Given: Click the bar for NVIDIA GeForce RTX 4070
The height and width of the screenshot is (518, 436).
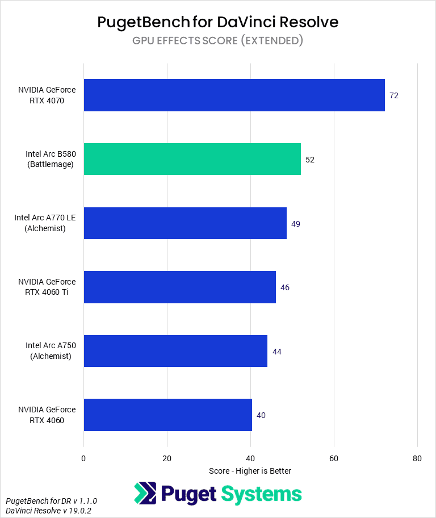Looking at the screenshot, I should (234, 95).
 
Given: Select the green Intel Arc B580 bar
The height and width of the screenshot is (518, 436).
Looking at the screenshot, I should (192, 159).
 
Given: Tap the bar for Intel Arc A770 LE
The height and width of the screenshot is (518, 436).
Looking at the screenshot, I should (185, 223).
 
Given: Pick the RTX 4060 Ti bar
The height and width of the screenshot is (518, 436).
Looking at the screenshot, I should (179, 287).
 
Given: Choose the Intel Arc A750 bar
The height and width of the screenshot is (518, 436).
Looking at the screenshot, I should (175, 351).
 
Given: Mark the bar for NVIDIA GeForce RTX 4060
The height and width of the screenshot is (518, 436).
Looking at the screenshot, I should (167, 415).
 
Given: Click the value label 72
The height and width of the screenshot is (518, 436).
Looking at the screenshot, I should (394, 95).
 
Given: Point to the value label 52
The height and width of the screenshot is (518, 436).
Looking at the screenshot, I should (310, 160).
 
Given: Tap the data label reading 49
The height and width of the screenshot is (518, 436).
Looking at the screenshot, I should (296, 224).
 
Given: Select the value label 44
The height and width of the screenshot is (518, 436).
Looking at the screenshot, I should (277, 352).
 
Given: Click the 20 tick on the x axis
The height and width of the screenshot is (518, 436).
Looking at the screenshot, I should (167, 458).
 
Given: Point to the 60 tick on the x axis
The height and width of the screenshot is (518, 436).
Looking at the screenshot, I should (334, 458).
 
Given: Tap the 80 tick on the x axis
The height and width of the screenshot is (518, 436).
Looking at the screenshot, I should (417, 458).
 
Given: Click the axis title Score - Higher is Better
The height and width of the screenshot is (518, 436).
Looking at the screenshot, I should (250, 471).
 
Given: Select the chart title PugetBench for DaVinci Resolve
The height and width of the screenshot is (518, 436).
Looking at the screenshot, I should (218, 22).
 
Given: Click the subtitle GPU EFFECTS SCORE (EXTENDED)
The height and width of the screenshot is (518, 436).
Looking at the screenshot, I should (218, 40).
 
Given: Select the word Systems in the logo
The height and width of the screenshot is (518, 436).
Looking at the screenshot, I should (261, 494).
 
